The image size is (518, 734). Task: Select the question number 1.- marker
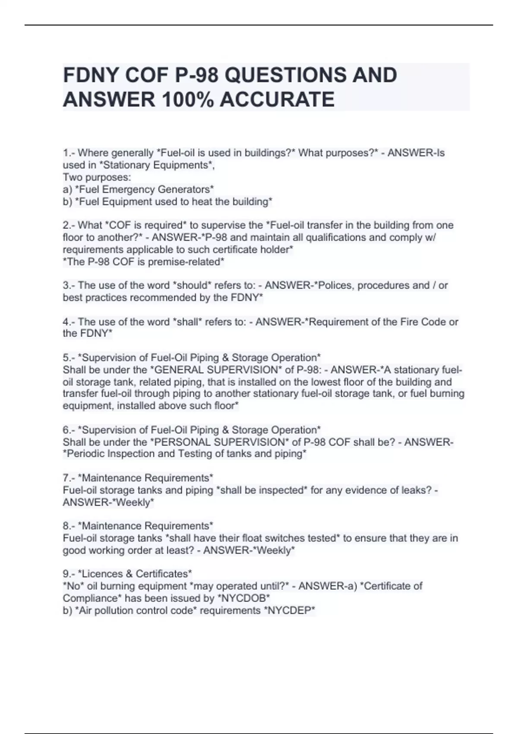coord(69,153)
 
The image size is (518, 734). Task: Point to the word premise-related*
coord(186,262)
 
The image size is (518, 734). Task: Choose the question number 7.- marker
coord(69,478)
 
